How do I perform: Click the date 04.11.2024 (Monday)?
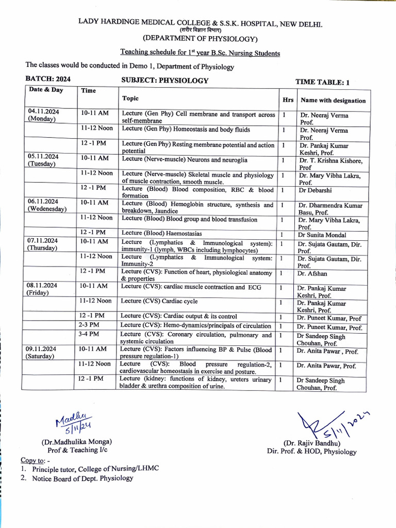(44, 115)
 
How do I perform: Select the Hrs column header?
(287, 100)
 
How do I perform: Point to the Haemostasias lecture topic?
(161, 234)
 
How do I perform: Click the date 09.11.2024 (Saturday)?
(43, 353)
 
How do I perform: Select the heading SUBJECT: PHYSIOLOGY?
(164, 80)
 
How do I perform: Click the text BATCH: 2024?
(48, 79)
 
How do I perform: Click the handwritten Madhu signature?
(73, 420)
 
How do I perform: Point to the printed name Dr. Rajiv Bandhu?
(312, 443)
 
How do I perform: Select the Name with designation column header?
(333, 101)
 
